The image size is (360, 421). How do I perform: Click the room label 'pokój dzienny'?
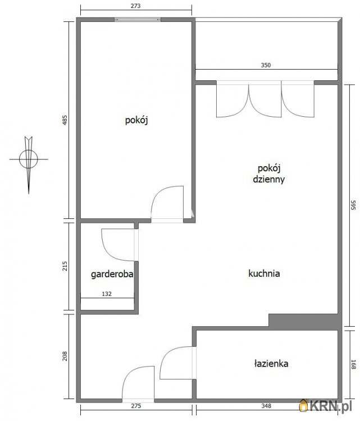point(268,173)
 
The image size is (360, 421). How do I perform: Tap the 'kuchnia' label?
point(264,273)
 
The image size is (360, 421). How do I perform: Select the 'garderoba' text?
point(112,274)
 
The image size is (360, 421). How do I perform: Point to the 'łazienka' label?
point(271,364)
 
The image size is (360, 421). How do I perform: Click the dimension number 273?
point(135,6)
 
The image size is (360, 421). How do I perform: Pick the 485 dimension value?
point(65,120)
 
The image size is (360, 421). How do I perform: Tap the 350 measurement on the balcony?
point(266,65)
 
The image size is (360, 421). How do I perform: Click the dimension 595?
point(353,205)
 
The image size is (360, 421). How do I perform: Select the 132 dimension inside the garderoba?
point(107,294)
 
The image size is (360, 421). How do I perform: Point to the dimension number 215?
point(65,266)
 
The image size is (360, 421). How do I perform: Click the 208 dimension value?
point(65,356)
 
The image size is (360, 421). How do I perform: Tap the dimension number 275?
point(136,406)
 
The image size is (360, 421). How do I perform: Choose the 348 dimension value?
point(266,406)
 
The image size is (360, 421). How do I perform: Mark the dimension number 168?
point(353,364)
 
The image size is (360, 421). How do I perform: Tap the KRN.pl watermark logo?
point(326,405)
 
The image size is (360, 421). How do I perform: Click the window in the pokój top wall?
point(138,19)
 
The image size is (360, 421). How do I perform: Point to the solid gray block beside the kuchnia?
point(305,322)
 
